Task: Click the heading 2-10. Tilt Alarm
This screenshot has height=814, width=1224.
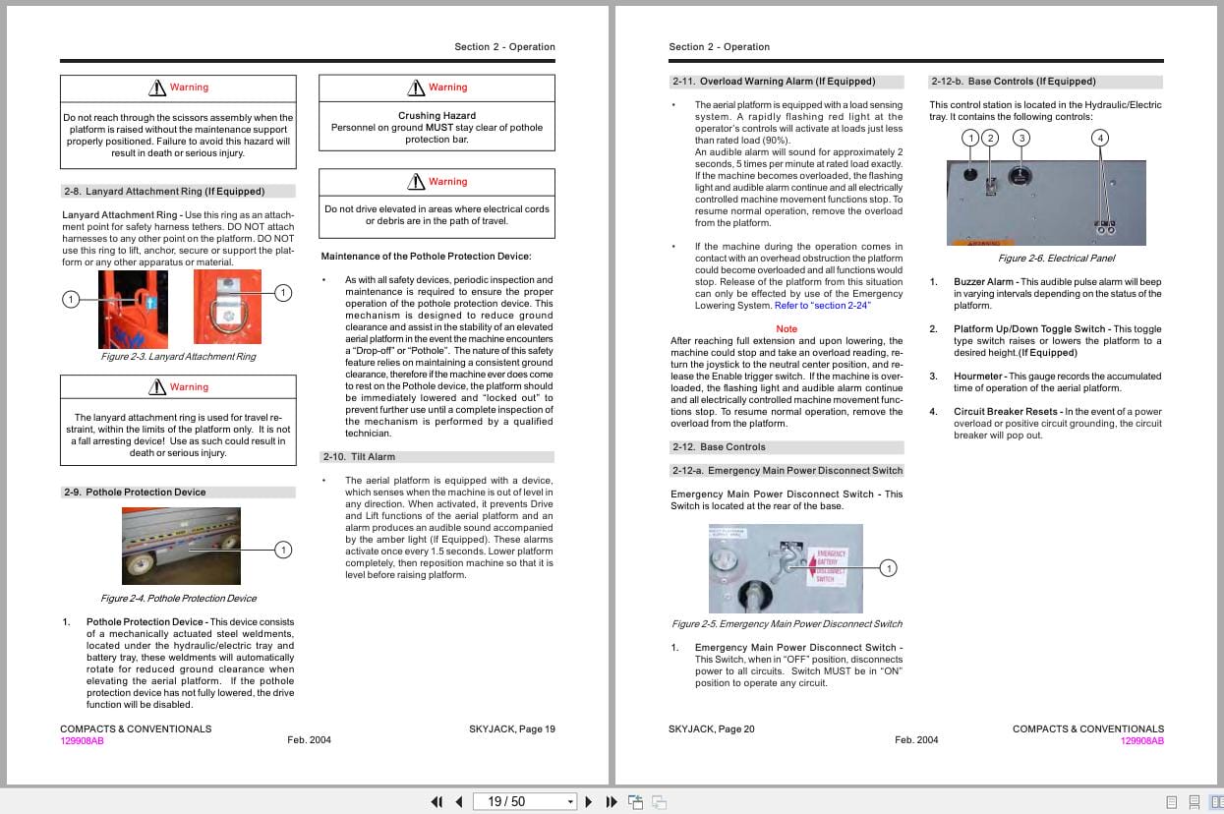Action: click(x=359, y=457)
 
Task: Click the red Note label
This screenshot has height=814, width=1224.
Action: click(x=787, y=329)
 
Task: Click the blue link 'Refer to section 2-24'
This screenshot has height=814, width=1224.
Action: click(x=822, y=306)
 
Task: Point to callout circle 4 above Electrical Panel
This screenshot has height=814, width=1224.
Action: click(x=1100, y=138)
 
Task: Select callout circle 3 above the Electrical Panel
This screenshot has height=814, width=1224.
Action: click(x=1021, y=138)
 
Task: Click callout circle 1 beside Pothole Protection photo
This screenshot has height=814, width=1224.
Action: click(x=283, y=550)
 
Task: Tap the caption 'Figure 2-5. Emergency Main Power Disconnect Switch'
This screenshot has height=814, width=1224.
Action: click(x=787, y=624)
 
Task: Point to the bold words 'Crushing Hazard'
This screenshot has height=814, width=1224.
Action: click(x=437, y=116)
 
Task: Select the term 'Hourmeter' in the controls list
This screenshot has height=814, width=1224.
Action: click(x=977, y=377)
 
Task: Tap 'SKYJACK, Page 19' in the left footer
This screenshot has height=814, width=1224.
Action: click(x=511, y=729)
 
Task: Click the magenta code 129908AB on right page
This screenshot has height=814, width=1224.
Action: click(x=1141, y=741)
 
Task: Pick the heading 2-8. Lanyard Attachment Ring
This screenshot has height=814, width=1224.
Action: click(x=163, y=192)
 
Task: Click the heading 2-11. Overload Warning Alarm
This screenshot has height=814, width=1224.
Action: click(x=773, y=82)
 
